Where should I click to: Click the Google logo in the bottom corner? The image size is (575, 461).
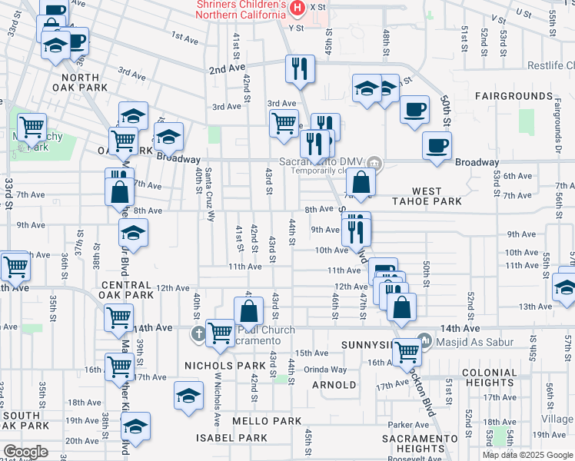click(26, 452)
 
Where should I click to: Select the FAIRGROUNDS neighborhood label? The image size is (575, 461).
click(514, 96)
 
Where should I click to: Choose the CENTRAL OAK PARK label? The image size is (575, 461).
click(127, 289)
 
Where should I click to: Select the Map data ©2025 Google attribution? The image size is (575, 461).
click(527, 454)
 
